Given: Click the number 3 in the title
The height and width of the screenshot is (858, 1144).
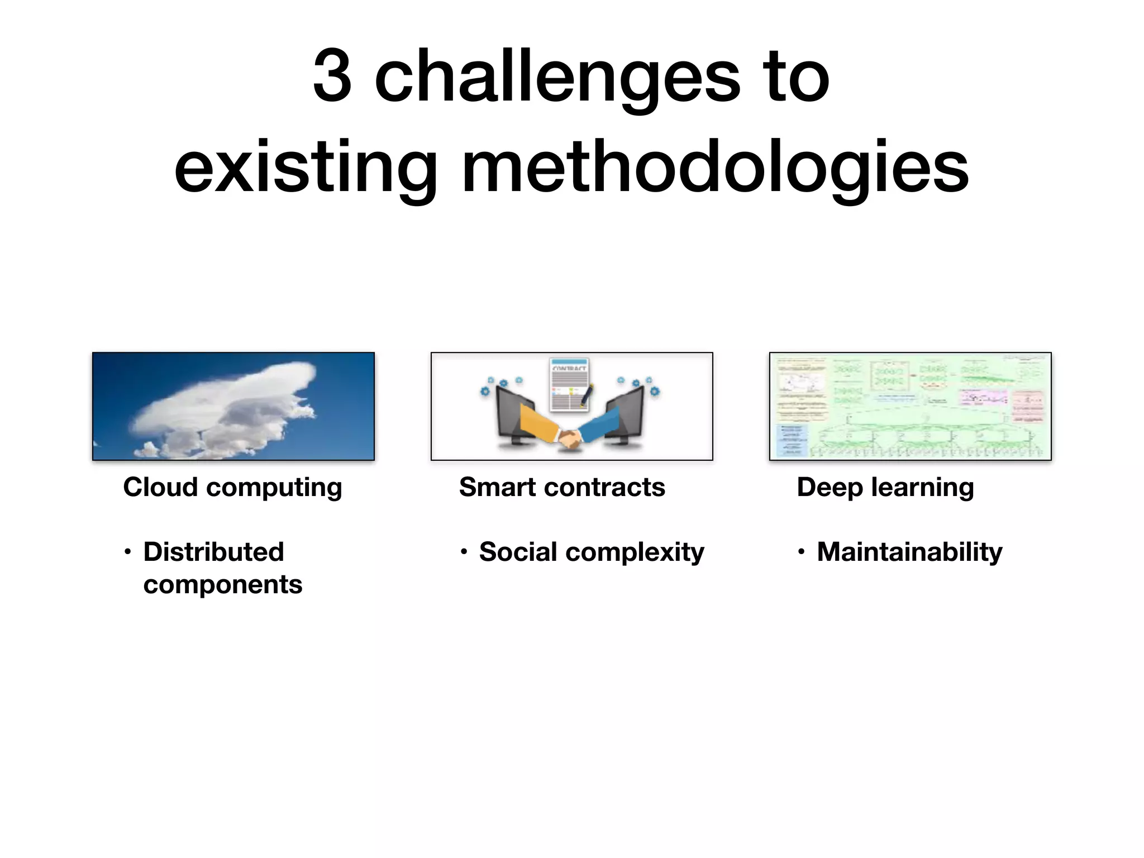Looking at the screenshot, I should [332, 76].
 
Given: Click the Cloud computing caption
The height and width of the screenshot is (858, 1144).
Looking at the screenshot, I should [232, 487].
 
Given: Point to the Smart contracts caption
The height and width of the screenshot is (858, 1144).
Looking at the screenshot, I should [562, 487].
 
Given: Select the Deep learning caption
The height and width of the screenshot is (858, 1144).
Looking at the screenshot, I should [885, 487].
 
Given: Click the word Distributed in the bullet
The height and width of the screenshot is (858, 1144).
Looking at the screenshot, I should [214, 552].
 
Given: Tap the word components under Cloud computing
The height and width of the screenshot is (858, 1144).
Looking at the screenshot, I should [222, 584].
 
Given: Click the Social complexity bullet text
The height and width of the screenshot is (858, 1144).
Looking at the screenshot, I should [592, 552].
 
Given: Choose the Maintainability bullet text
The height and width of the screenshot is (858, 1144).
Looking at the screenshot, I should [909, 552].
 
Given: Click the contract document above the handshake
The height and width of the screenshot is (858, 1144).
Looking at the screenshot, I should [570, 385].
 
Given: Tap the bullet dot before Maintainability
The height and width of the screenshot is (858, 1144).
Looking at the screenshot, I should [801, 552].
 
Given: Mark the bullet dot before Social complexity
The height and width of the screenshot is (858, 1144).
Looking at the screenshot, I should [464, 552].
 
